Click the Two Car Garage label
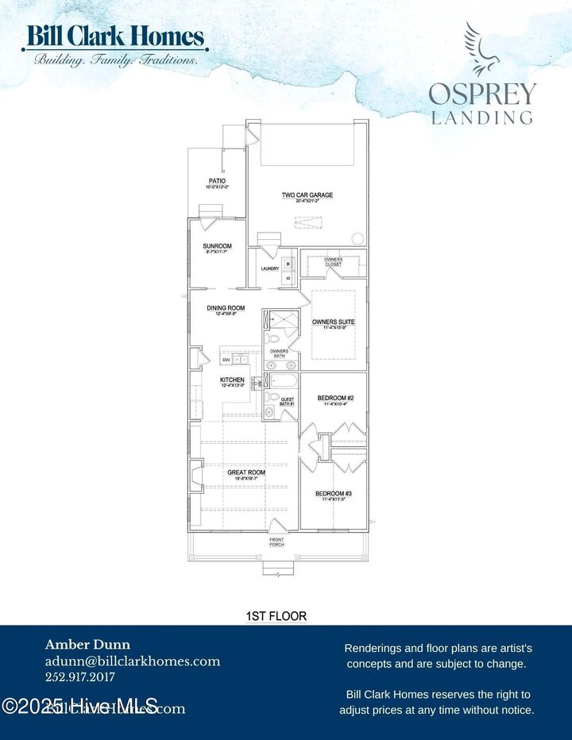(307, 195)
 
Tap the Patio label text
(217, 181)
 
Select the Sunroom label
(217, 246)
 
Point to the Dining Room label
(226, 308)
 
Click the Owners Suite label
(333, 322)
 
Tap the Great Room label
(245, 472)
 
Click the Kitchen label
(232, 380)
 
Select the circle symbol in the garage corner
(357, 237)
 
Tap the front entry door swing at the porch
(275, 526)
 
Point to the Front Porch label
(276, 543)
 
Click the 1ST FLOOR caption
(276, 615)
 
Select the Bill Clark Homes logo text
(116, 37)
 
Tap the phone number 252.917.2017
(80, 677)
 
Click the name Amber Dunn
(87, 645)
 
